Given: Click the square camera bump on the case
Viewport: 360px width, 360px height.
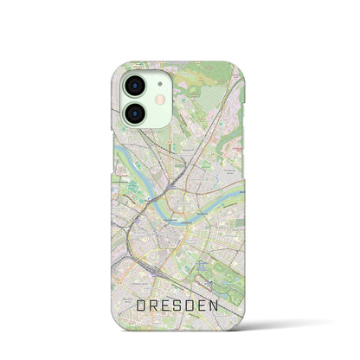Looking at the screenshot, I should (143, 100).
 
